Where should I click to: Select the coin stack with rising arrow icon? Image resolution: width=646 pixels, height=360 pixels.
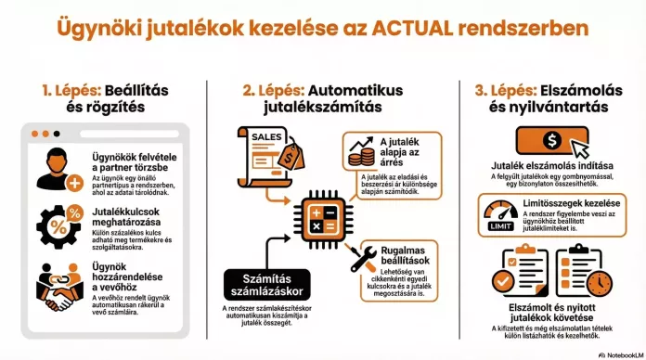click(x=360, y=152)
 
